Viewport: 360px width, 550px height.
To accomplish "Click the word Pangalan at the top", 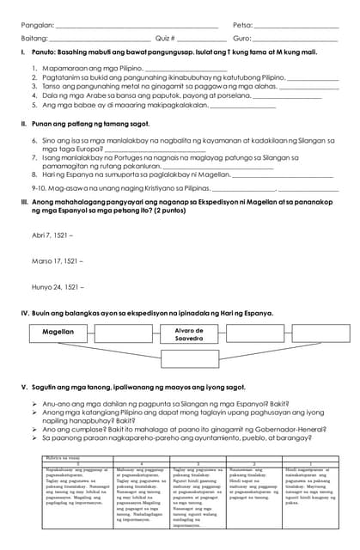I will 37,26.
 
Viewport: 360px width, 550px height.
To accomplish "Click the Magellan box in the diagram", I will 58,331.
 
